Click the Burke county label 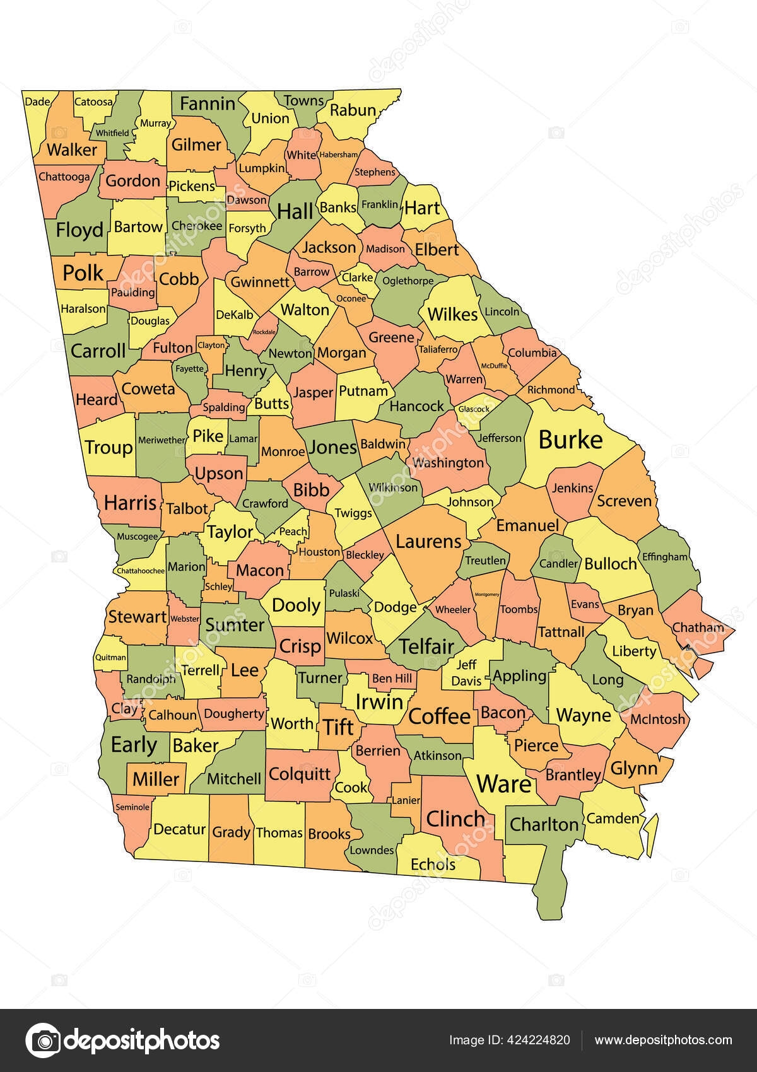[570, 440]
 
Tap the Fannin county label [208, 104]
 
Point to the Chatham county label [698, 627]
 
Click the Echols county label [433, 864]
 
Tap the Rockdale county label [264, 332]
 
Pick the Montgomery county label [486, 594]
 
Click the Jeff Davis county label [467, 673]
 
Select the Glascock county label [474, 409]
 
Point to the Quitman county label [110, 657]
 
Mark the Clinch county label [455, 819]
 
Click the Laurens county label [429, 541]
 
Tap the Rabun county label [353, 110]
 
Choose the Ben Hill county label [392, 679]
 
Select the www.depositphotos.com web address [664, 1040]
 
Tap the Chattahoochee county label [139, 571]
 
